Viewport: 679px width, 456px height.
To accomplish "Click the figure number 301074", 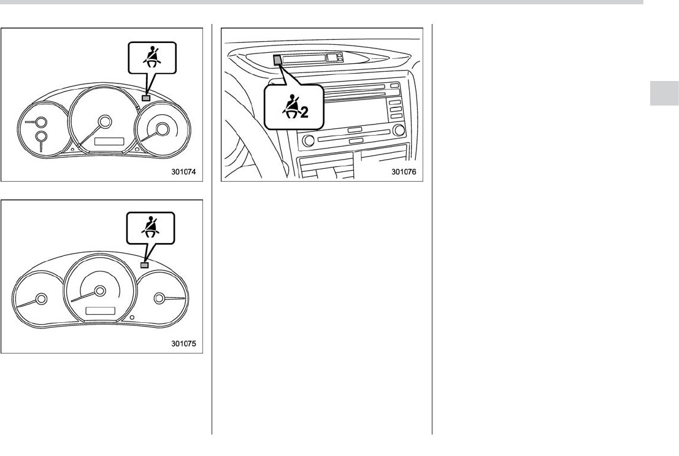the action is [x=183, y=172].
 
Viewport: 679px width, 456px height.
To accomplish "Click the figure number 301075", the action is [x=183, y=343].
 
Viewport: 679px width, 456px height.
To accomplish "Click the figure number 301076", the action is [x=404, y=172].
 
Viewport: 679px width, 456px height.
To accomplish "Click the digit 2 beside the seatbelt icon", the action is [x=304, y=113].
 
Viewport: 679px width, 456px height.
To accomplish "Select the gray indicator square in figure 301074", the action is [x=147, y=98].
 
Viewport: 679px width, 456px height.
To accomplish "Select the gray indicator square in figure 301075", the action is [x=145, y=265].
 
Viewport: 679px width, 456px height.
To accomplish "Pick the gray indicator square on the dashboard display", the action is [x=278, y=60].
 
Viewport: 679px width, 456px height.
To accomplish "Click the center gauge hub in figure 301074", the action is [x=104, y=122].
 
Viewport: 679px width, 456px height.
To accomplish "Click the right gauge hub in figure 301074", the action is [x=163, y=128].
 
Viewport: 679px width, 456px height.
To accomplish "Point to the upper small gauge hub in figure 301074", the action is [x=42, y=122].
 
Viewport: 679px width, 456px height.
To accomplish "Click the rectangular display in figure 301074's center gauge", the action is [x=109, y=142].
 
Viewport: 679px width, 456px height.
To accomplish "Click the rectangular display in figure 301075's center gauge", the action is [x=101, y=311].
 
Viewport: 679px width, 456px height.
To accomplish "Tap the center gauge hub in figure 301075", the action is [x=101, y=291].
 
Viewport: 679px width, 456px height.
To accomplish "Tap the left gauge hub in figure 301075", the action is [x=42, y=299].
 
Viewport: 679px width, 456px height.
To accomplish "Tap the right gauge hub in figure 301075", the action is [x=159, y=298].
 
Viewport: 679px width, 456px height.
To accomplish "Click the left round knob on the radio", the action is [x=309, y=141].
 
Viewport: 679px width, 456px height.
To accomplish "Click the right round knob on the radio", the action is [x=399, y=130].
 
